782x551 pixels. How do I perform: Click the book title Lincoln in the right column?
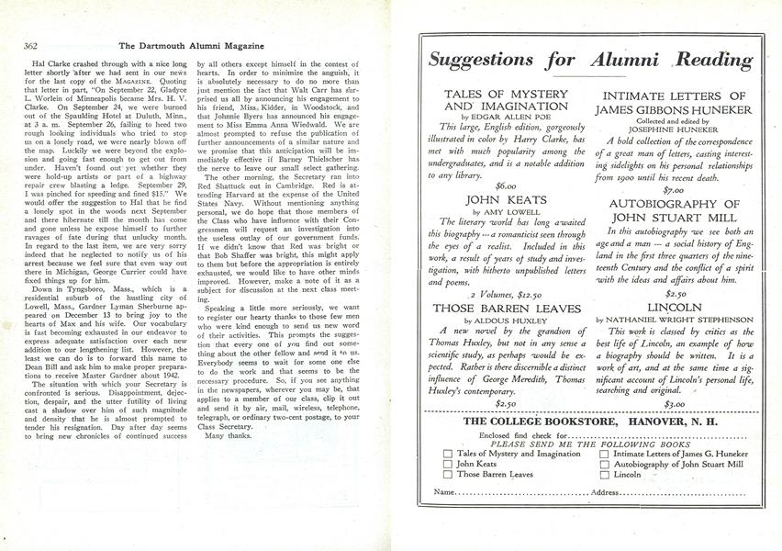(675, 308)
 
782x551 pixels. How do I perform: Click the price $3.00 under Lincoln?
(674, 403)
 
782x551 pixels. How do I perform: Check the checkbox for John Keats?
(447, 464)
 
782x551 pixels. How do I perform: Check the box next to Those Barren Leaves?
(447, 475)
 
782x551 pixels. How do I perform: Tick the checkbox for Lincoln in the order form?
(605, 475)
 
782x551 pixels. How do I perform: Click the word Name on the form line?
(444, 493)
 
